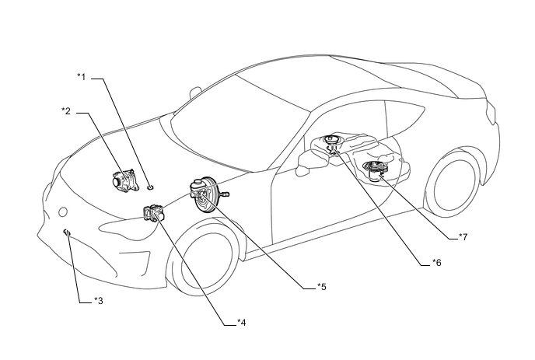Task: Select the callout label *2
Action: (66, 111)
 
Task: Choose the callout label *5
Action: (321, 286)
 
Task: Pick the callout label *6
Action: (436, 263)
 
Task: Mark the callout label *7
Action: (462, 236)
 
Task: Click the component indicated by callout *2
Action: (122, 180)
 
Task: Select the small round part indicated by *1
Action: (150, 187)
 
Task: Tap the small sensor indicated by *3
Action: (68, 232)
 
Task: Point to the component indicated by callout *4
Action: (152, 212)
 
